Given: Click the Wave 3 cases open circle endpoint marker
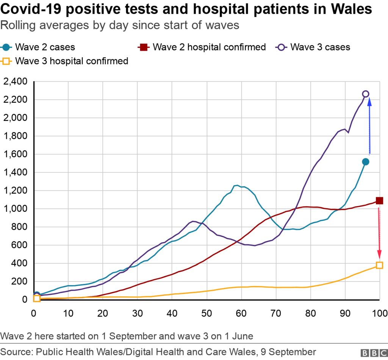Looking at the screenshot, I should tap(366, 94).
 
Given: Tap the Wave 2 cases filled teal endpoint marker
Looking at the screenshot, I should tap(366, 162).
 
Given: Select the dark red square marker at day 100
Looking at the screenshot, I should tap(379, 200).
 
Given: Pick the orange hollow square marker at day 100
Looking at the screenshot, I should tap(379, 265).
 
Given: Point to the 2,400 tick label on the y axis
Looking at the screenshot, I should tap(15, 81).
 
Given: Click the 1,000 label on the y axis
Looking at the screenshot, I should tap(15, 209).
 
